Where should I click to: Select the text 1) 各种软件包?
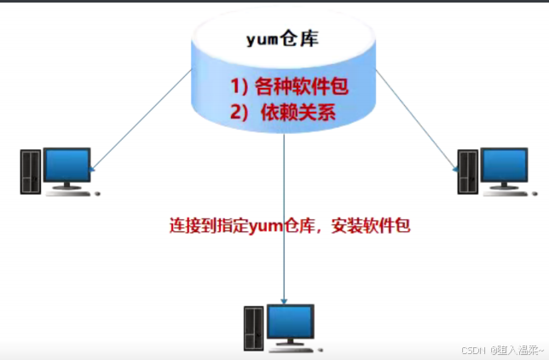[x=290, y=86]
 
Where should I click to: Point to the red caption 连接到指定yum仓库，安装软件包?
[x=293, y=226]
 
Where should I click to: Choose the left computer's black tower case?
[x=32, y=171]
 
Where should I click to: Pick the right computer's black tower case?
[x=468, y=171]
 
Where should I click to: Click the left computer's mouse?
[x=97, y=194]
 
